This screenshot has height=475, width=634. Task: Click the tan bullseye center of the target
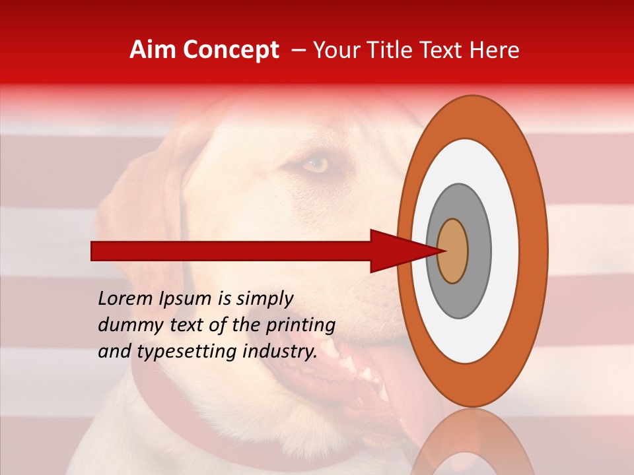[x=452, y=251]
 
